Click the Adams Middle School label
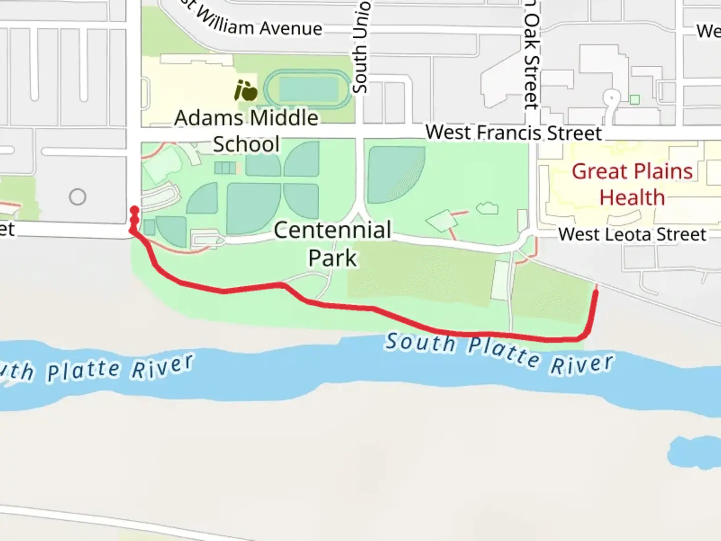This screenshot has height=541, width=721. coord(246,131)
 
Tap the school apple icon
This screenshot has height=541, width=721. coord(246,91)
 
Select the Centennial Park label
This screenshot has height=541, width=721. coord(332,244)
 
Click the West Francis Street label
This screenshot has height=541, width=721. coord(513,133)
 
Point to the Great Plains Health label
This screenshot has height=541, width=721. coord(632,184)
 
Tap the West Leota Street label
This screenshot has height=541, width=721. coord(632,234)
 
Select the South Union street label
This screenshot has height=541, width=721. coord(360,48)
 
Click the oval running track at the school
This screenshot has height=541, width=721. coord(308,89)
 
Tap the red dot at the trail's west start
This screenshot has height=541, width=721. coord(134,210)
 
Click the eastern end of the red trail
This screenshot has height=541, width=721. coord(596,291)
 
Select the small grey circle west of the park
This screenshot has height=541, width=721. coord(78,197)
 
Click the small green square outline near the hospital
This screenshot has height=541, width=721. coord(635,99)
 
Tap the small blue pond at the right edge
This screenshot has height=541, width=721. coord(696,452)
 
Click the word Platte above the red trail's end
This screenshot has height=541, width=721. coord(503,350)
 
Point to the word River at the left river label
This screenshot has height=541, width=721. coord(162,366)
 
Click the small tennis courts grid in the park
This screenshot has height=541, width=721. coord(225,167)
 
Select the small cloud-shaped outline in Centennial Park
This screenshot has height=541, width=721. coord(487,208)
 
